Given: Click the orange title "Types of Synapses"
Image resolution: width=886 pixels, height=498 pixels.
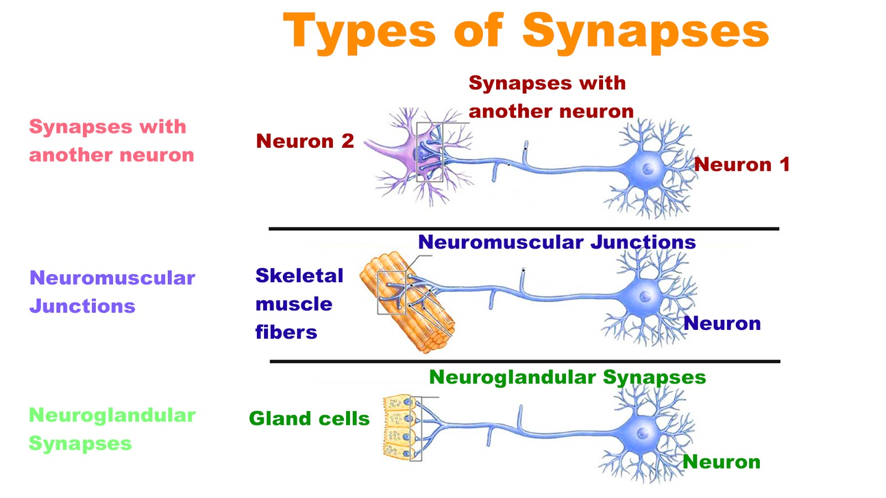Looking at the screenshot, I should click(526, 32).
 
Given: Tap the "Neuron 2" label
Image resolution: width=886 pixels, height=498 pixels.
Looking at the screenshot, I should click(305, 141).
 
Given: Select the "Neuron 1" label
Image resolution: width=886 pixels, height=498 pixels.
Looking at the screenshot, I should click(741, 164).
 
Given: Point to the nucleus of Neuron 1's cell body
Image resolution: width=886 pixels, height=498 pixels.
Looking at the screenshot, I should click(647, 169).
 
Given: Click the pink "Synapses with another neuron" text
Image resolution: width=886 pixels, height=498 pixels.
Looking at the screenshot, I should click(111, 141).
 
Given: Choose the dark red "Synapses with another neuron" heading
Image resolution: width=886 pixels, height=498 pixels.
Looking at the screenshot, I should click(550, 97).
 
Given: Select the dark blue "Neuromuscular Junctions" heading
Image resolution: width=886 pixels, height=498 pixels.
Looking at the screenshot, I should click(557, 242).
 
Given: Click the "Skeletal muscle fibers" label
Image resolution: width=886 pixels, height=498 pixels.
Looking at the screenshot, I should click(299, 304).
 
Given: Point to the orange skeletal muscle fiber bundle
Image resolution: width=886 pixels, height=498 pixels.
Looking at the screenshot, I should click(410, 304).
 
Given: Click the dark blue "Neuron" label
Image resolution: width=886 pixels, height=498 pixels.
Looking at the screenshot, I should click(722, 323).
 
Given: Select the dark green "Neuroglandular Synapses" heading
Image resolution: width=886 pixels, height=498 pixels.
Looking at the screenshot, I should click(567, 377).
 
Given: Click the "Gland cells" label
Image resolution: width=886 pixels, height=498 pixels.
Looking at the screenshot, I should click(309, 418).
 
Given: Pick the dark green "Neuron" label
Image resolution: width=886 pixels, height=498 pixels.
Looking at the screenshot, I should click(721, 461).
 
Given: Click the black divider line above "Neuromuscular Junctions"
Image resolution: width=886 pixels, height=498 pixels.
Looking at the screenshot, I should click(523, 229).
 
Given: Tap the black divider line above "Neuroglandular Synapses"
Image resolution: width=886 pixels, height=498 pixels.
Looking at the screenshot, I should click(524, 361).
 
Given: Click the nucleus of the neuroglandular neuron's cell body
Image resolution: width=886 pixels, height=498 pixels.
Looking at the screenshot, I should click(642, 433).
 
